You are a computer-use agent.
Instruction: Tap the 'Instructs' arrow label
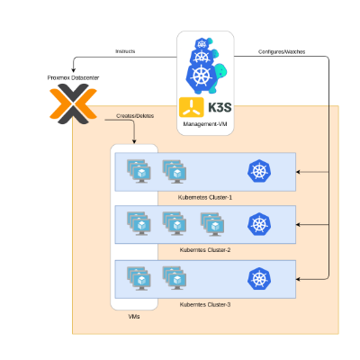pos(125,52)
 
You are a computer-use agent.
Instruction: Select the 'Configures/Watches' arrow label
pos(282,52)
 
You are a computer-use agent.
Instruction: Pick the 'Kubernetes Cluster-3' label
pos(205,304)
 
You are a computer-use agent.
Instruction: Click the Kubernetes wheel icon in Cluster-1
pos(259,171)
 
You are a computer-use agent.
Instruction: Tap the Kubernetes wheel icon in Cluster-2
pos(259,224)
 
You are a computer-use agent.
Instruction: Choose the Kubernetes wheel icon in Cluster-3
pos(259,279)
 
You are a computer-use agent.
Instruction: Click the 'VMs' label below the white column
pos(133,317)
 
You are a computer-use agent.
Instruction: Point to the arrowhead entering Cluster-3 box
pos(300,279)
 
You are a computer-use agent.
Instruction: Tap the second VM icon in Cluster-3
pos(175,277)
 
